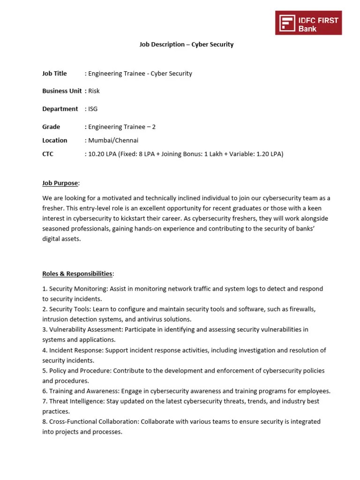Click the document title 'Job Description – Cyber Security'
186,45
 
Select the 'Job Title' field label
54,74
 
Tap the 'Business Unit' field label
62,91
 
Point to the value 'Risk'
94,91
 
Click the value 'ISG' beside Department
93,109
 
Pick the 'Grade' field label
51,127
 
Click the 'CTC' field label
48,154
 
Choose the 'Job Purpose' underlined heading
60,183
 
